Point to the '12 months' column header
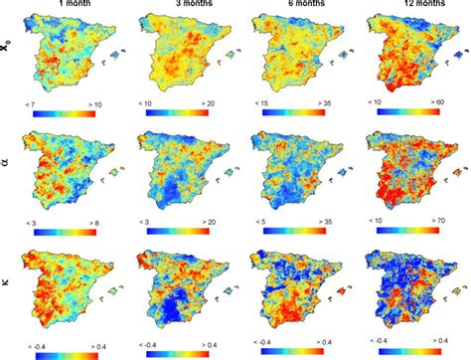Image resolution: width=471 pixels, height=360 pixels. pyautogui.click(x=411, y=6)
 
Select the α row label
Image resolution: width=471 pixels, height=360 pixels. pyautogui.click(x=9, y=170)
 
